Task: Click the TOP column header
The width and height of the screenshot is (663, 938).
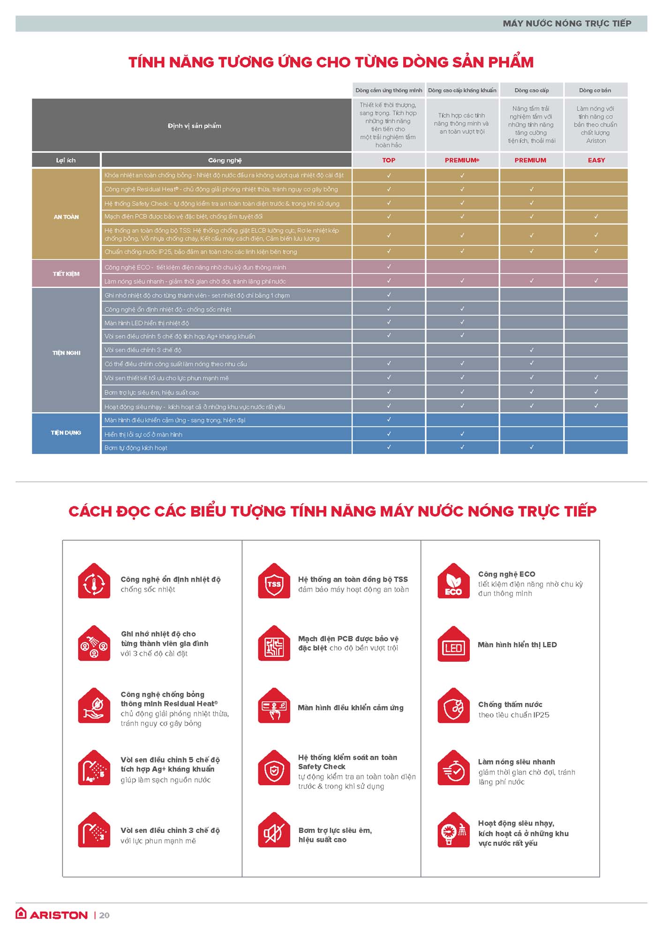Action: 388,160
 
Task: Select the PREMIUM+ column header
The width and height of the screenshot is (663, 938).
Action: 462,160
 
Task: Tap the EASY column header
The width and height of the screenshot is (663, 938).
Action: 596,160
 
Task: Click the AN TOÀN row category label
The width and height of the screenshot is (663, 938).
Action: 66,217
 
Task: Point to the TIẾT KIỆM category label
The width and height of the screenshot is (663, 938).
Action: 66,274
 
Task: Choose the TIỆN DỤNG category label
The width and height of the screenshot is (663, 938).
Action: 66,433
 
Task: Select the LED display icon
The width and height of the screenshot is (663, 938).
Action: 453,644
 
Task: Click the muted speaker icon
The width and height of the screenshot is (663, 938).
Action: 274,831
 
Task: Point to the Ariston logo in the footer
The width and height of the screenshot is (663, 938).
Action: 52,915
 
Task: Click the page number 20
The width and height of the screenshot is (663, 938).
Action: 105,915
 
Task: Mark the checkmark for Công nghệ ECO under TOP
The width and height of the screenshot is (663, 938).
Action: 389,267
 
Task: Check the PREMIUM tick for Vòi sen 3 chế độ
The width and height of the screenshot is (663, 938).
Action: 531,350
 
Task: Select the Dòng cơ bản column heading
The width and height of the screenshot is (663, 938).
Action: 595,91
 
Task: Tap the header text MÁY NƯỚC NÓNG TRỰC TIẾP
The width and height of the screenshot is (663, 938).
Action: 567,23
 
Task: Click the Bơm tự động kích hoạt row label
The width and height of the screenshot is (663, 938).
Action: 136,448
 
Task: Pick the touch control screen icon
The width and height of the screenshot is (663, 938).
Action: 274,706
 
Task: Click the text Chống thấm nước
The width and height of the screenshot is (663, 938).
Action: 510,704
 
